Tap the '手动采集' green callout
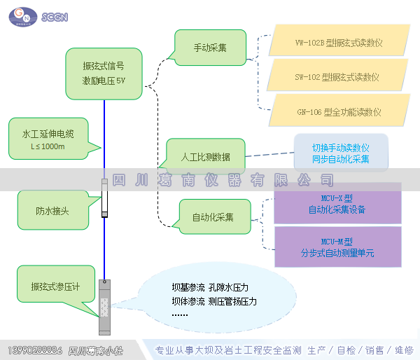coord(209,48)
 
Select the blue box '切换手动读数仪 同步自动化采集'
coord(340,153)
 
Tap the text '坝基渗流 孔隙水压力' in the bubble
coord(210,287)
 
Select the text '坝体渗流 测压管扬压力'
coord(214,301)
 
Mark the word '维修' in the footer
coord(404,350)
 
